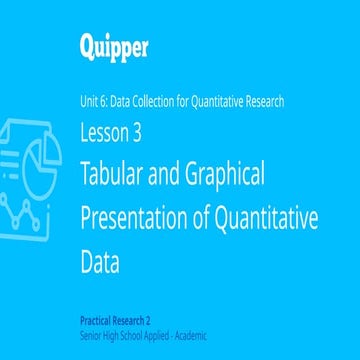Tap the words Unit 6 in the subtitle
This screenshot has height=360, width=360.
[x=94, y=100]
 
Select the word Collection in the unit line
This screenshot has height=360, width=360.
[x=153, y=100]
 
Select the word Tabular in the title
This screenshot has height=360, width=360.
[x=112, y=175]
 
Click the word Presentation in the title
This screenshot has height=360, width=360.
[x=136, y=220]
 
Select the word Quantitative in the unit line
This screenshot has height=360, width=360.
[x=213, y=100]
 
